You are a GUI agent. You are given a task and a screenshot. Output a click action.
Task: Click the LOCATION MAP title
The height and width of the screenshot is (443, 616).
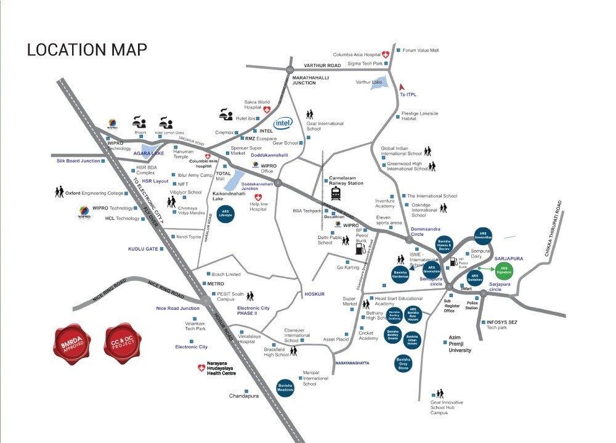(87, 50)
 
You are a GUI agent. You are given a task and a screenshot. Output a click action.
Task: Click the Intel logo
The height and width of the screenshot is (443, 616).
(283, 123)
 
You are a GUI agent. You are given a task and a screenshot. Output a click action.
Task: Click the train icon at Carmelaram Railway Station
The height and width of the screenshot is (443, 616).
(336, 193)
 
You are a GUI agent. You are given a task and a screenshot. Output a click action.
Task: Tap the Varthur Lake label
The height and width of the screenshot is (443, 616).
(369, 82)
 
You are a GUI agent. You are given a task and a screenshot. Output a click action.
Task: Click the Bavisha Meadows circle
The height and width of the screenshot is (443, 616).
(285, 387)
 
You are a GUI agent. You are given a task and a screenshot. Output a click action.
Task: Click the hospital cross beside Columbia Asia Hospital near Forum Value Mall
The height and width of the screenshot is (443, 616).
(386, 54)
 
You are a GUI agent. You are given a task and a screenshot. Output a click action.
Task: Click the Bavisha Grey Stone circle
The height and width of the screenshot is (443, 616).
(403, 363)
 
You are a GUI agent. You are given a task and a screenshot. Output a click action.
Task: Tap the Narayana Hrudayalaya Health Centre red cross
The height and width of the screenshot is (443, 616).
(200, 368)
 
